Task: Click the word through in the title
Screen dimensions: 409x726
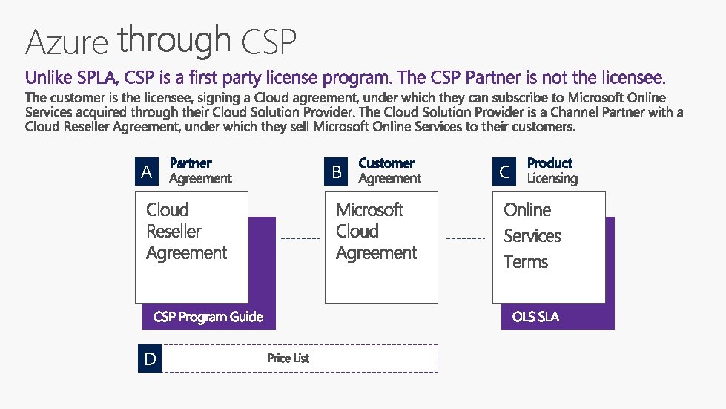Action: point(174,40)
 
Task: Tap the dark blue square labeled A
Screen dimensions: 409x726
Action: point(147,172)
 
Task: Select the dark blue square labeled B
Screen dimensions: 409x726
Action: point(337,172)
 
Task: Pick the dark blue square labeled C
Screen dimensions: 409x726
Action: point(504,172)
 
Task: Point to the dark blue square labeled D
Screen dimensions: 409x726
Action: point(150,359)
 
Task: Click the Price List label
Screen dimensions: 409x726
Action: point(288,359)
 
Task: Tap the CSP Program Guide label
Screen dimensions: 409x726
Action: point(208,317)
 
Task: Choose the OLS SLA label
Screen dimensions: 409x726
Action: point(535,317)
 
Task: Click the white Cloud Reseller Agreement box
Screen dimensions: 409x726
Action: point(191,247)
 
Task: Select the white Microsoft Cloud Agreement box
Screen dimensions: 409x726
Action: point(381,247)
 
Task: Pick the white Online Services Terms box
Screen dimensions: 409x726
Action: point(549,247)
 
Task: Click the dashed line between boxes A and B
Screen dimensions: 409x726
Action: point(300,239)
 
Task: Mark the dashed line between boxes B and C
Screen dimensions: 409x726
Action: point(465,239)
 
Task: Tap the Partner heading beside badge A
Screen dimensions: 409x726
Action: point(191,163)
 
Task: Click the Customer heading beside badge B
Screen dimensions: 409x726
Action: point(386,163)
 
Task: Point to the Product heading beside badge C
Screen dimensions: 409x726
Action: point(550,163)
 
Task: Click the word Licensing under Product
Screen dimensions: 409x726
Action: point(552,179)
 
